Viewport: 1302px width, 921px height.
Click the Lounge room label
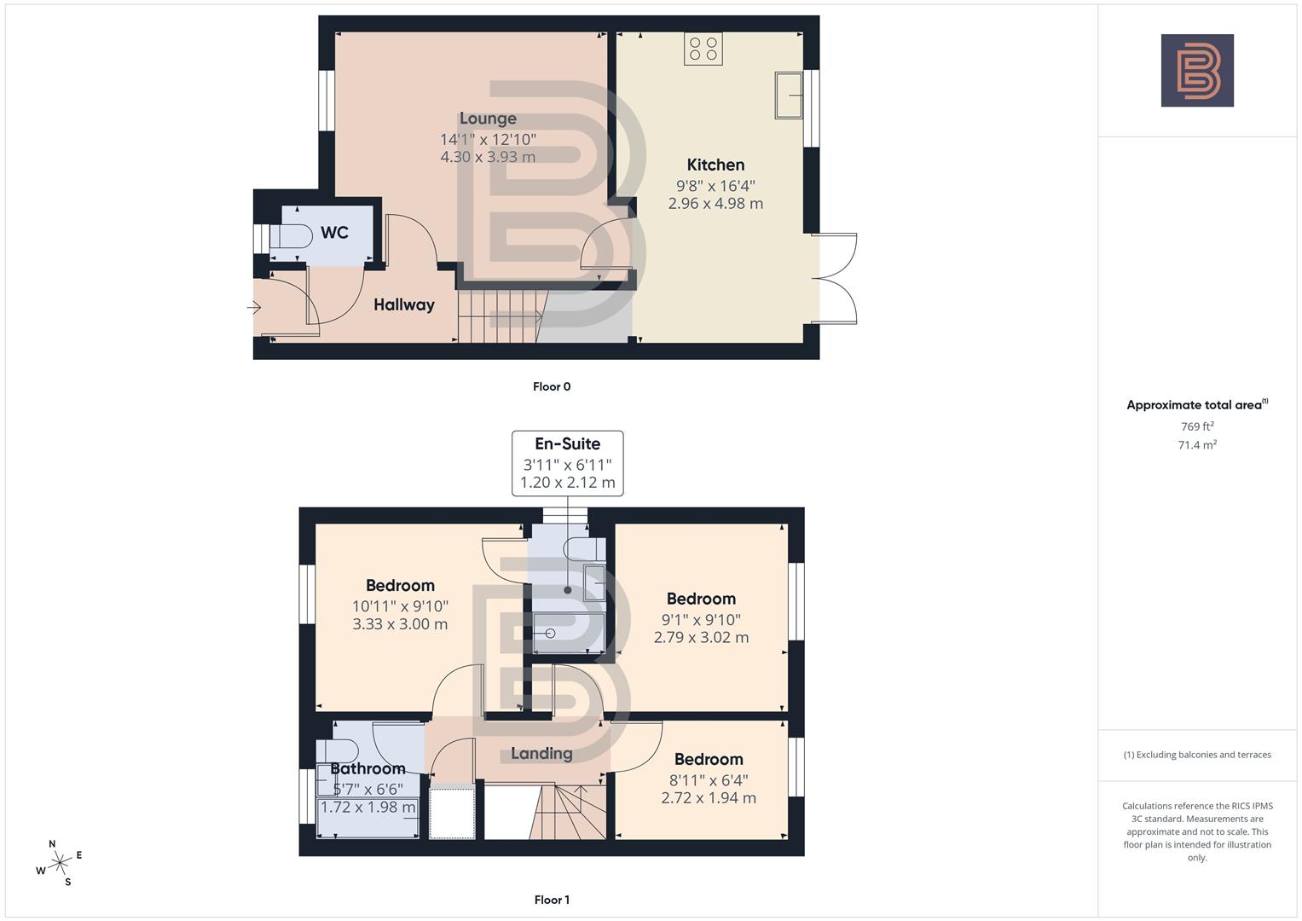[488, 119]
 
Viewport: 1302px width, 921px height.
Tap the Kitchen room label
[715, 165]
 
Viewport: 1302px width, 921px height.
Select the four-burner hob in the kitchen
[703, 49]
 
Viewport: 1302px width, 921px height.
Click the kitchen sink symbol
[789, 95]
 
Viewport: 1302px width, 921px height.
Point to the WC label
[334, 233]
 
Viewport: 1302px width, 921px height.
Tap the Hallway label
[403, 304]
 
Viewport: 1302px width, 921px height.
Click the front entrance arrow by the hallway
[254, 308]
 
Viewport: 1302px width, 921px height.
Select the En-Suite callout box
[567, 463]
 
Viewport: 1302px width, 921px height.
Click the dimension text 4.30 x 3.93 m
[488, 157]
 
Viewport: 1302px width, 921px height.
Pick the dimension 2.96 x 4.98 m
[715, 204]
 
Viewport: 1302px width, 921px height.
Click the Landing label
[541, 753]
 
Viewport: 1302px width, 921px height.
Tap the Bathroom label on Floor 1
[367, 768]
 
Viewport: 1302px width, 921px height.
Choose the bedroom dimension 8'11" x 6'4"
[709, 779]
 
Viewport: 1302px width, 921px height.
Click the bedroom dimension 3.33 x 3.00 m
[400, 624]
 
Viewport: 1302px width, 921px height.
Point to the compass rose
[60, 863]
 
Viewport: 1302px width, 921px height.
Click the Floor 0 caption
[552, 386]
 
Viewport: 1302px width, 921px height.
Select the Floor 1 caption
[552, 900]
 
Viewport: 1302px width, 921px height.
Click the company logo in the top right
[1197, 71]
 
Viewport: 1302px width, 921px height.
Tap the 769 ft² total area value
[1197, 426]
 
